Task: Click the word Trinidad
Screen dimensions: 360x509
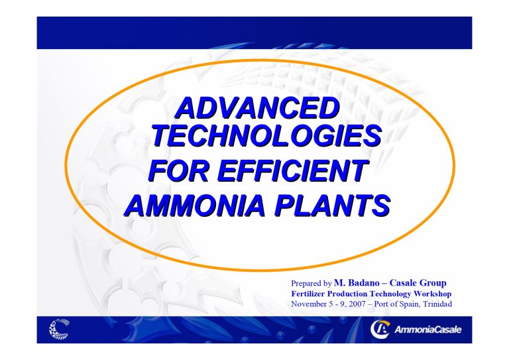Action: pos(435,304)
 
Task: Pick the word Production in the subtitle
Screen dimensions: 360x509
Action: pos(355,293)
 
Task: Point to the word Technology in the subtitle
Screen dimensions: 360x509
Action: pos(396,293)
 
